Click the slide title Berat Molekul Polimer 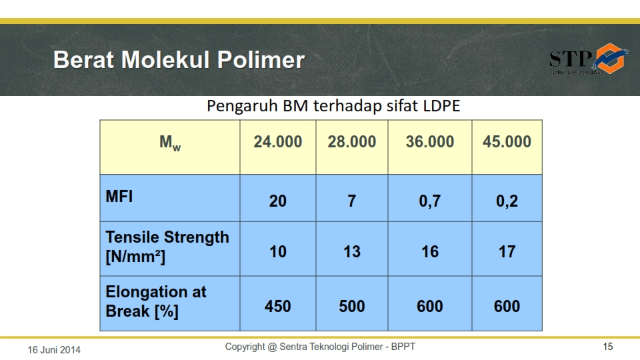pyautogui.click(x=179, y=60)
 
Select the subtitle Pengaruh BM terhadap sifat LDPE pyautogui.click(x=333, y=106)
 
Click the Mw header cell pyautogui.click(x=170, y=143)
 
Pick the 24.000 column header pyautogui.click(x=278, y=141)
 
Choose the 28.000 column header pyautogui.click(x=351, y=141)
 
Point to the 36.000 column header pyautogui.click(x=430, y=141)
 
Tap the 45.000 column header pyautogui.click(x=507, y=141)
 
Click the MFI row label pyautogui.click(x=119, y=197)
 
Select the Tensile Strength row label pyautogui.click(x=167, y=247)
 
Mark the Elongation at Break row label pyautogui.click(x=155, y=301)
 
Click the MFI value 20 pyautogui.click(x=278, y=201)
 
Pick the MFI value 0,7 pyautogui.click(x=430, y=201)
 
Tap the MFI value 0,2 pyautogui.click(x=507, y=201)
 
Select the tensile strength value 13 pyautogui.click(x=351, y=251)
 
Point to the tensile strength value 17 pyautogui.click(x=507, y=251)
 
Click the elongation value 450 pyautogui.click(x=278, y=306)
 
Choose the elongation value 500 pyautogui.click(x=351, y=306)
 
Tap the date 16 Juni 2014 pyautogui.click(x=54, y=349)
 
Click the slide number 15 pyautogui.click(x=607, y=347)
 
